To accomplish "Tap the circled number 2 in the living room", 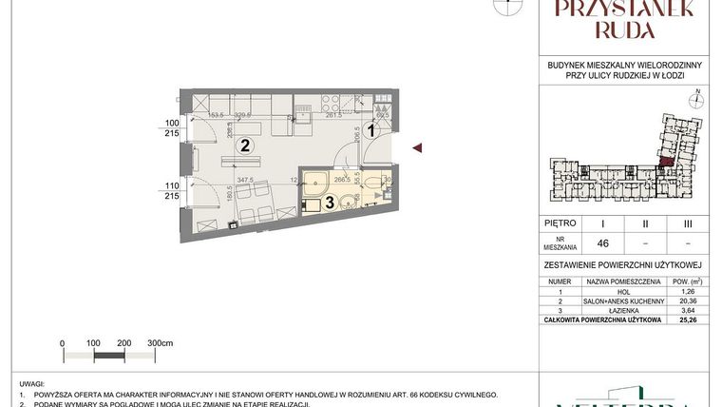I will coord(244,145).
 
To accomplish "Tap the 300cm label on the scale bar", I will coord(162,343).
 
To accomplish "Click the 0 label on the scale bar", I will coord(62,343).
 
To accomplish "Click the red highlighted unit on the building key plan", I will coord(667,160).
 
